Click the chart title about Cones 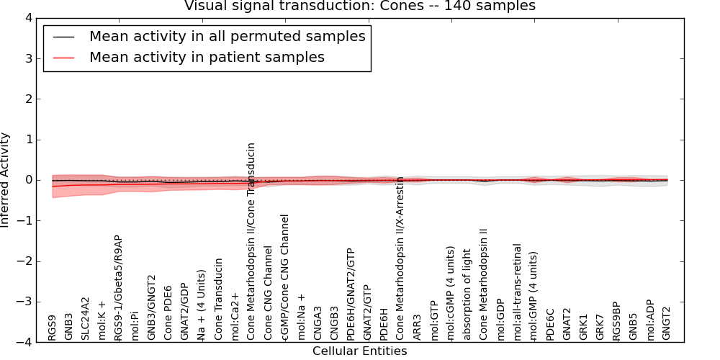pyautogui.click(x=360, y=6)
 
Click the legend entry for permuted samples pyautogui.click(x=227, y=36)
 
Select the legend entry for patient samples pyautogui.click(x=207, y=57)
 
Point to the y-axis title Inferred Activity pyautogui.click(x=6, y=180)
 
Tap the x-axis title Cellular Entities pyautogui.click(x=359, y=351)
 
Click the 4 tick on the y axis pyautogui.click(x=27, y=18)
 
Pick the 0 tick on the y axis pyautogui.click(x=27, y=180)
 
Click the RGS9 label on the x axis pyautogui.click(x=53, y=327)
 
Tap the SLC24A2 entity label pyautogui.click(x=85, y=318)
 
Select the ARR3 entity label pyautogui.click(x=418, y=328)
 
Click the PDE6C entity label pyautogui.click(x=550, y=324)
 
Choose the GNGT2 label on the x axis pyautogui.click(x=666, y=323)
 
